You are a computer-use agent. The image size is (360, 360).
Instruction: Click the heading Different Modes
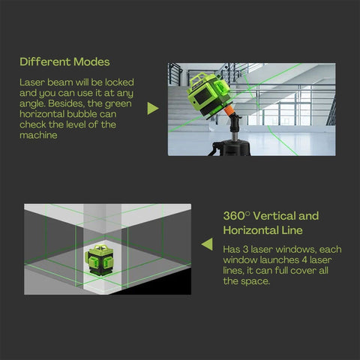pos(64,61)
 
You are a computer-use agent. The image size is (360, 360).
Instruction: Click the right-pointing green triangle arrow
pos(152,109)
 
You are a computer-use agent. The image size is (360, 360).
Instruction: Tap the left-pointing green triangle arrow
pos(207,244)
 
